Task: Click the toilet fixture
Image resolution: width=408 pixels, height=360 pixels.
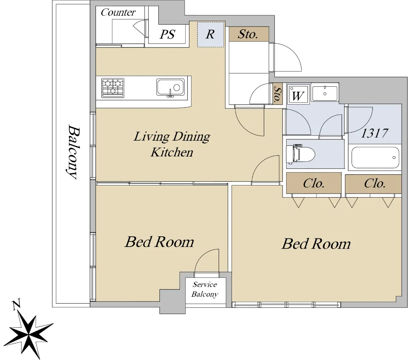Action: (x=300, y=153)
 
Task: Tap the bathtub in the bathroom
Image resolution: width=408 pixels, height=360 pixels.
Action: (x=375, y=157)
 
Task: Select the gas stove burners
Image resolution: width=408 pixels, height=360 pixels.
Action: (x=113, y=88)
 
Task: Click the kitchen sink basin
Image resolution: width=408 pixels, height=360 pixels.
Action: (x=170, y=88)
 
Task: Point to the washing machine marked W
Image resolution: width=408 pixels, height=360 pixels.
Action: (x=298, y=94)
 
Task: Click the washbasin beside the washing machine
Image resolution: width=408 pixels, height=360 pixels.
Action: (x=325, y=92)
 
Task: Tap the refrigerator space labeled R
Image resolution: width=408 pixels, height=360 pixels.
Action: (x=210, y=34)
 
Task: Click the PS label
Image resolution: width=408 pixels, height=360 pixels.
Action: (x=167, y=34)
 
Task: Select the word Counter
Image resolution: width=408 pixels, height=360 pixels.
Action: (x=118, y=12)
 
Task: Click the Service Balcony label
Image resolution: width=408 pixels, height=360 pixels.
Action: (x=205, y=289)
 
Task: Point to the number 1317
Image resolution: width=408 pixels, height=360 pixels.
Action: (x=375, y=133)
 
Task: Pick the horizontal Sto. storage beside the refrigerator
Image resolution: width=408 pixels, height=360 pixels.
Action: (x=249, y=34)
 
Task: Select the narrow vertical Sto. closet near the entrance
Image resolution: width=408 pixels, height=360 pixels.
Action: (x=277, y=94)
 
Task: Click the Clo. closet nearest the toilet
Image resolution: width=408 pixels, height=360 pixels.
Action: (x=313, y=183)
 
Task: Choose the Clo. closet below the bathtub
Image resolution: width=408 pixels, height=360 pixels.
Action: (x=373, y=184)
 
